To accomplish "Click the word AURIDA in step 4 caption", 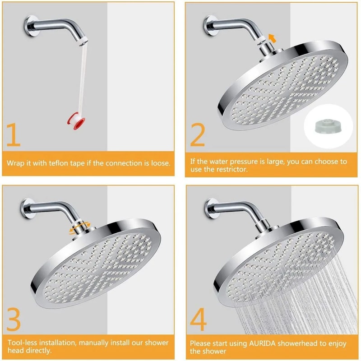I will click(260, 342).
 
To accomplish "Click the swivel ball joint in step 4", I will click(262, 235).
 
